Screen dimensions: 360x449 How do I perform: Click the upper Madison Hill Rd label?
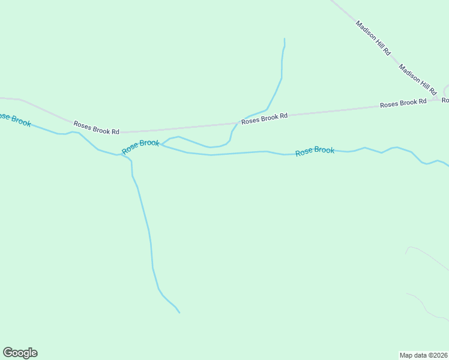pyautogui.click(x=373, y=38)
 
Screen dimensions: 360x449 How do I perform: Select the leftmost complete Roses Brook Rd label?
pyautogui.click(x=96, y=127)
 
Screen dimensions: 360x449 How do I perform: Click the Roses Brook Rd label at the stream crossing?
pyautogui.click(x=264, y=118)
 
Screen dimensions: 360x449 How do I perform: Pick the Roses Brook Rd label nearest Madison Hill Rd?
pyautogui.click(x=403, y=103)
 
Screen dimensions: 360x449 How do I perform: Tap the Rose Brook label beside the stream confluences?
pyautogui.click(x=141, y=146)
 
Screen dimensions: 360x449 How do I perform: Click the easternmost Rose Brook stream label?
pyautogui.click(x=315, y=151)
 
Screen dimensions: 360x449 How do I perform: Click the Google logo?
pyautogui.click(x=20, y=353)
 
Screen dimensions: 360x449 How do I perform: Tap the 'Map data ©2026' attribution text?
pyautogui.click(x=423, y=355)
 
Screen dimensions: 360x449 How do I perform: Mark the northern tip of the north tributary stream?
pyautogui.click(x=284, y=39)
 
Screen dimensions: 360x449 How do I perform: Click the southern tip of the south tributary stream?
pyautogui.click(x=179, y=313)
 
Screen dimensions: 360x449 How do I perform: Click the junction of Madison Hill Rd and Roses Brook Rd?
pyautogui.click(x=443, y=97)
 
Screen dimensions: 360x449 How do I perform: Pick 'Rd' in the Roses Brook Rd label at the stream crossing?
pyautogui.click(x=284, y=116)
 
